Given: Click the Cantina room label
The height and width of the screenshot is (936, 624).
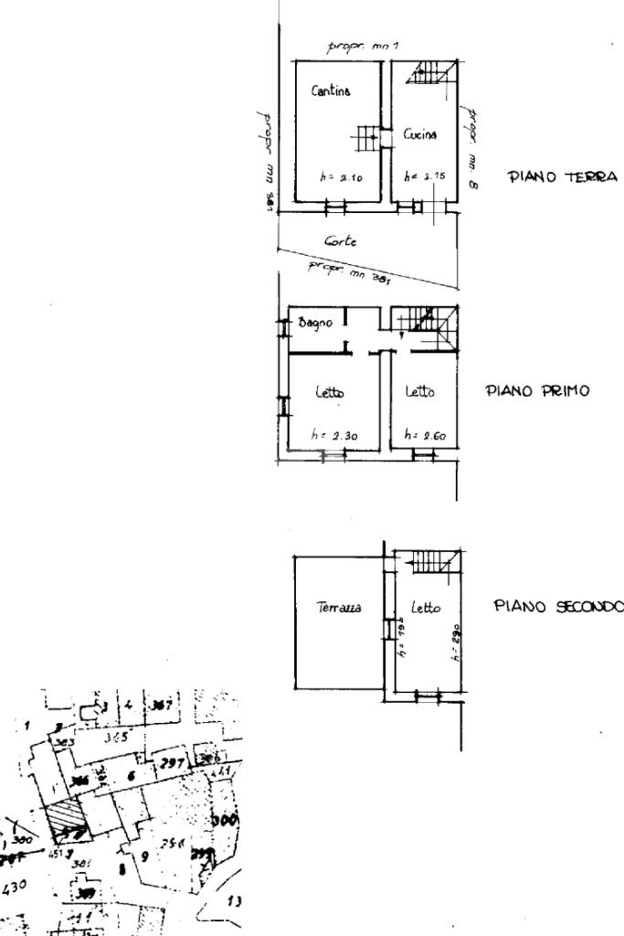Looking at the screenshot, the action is (x=330, y=91).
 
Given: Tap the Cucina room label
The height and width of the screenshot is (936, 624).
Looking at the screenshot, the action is (x=420, y=134).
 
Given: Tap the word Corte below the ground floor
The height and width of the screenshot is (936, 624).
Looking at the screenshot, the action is (x=340, y=242).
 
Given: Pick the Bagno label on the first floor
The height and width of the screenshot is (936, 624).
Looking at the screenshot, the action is (x=315, y=323).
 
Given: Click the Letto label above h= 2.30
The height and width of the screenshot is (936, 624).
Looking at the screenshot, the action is (x=330, y=392).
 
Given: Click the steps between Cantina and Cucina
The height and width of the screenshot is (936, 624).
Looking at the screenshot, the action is (x=367, y=138).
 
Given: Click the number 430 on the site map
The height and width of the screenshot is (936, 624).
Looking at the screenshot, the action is (x=14, y=885).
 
